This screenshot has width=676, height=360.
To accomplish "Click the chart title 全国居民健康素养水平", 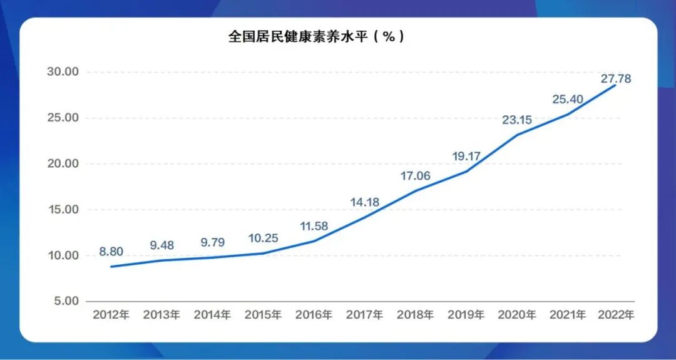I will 316,37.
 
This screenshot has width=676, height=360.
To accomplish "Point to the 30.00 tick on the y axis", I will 63,72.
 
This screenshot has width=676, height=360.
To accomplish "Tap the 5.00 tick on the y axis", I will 66,301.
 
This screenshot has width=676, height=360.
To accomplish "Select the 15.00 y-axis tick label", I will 63,210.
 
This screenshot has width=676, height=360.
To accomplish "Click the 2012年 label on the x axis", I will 111,315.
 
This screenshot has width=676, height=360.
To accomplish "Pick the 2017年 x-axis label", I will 364,315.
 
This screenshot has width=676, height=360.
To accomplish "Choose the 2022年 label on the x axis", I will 617,315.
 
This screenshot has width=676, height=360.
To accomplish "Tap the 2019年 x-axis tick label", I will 466,315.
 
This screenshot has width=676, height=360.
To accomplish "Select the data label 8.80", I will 111,252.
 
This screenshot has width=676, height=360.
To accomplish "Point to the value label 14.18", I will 364,202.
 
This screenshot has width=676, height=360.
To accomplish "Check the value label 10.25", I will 263,239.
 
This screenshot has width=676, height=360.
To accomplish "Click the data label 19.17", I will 466,157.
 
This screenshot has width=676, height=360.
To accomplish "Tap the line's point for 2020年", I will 516,135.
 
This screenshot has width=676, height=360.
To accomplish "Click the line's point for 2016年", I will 314,241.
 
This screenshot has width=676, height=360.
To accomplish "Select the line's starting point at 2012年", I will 111,267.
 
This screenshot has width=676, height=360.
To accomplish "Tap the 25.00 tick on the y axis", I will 63,118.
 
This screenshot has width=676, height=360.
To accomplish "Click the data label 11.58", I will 314,226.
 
